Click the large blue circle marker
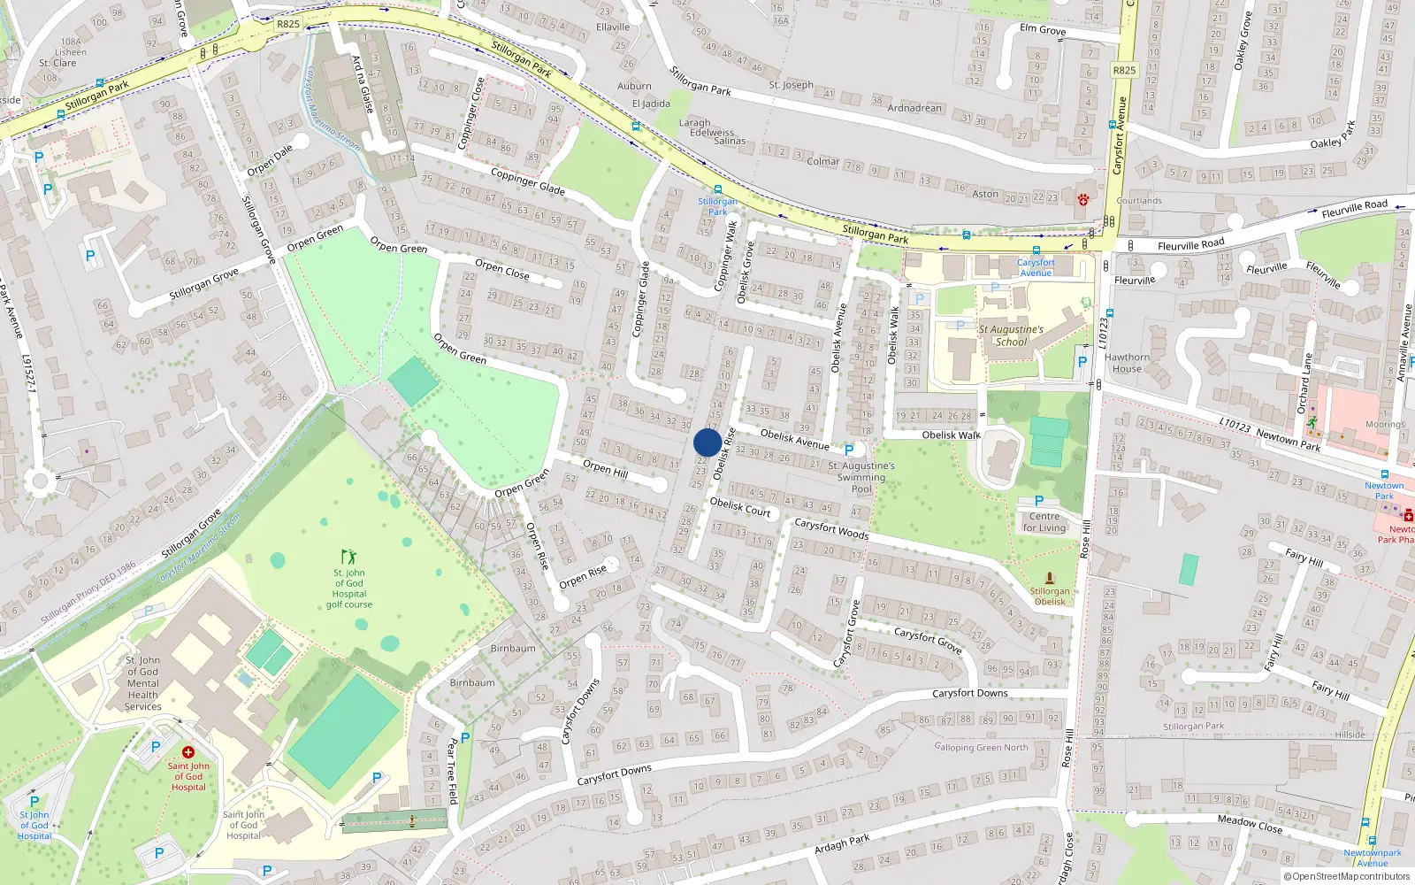707,442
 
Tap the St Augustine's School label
1011,335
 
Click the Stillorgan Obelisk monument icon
1050,578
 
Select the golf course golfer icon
348,557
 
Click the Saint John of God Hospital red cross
187,752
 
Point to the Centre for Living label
1044,522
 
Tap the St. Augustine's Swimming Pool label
861,477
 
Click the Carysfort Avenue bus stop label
1036,267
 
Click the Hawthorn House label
1127,363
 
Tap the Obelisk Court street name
740,507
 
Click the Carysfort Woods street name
831,528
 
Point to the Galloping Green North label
981,748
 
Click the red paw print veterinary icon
1082,200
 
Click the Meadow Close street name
1250,823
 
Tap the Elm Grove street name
1043,30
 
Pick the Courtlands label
1139,201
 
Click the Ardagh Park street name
842,845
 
